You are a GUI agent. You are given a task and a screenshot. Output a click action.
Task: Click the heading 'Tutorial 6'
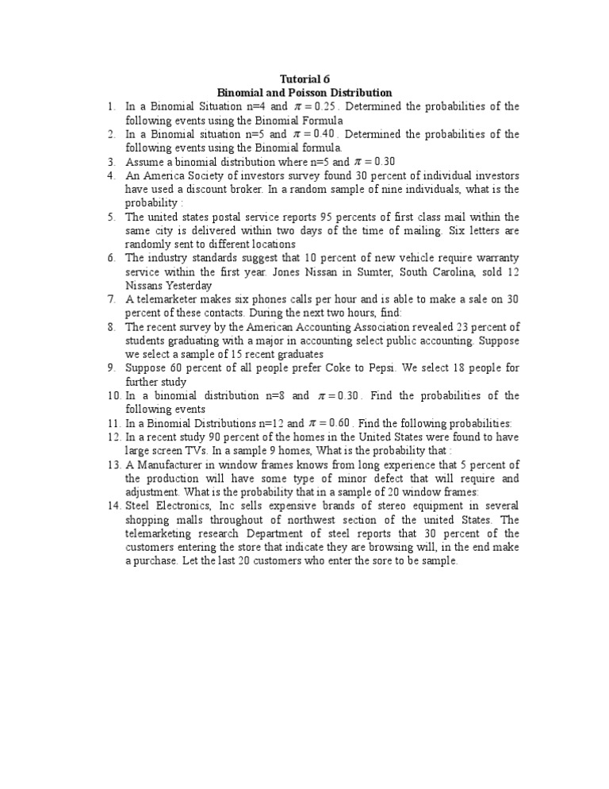305,79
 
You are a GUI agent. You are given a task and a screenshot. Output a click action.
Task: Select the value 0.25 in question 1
327,106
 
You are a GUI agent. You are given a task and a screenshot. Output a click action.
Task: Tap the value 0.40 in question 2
328,134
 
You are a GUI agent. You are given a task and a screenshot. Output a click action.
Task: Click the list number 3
112,162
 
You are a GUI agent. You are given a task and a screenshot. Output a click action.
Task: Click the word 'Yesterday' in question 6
188,286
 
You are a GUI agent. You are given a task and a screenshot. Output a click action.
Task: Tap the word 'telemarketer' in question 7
167,300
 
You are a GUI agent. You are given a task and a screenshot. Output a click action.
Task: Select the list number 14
111,506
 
